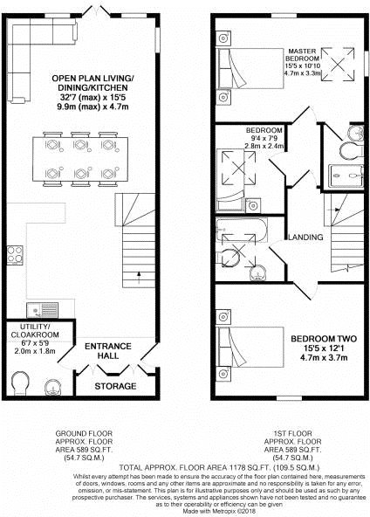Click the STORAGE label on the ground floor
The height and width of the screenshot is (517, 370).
point(115,385)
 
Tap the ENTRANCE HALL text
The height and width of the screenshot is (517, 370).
point(107,351)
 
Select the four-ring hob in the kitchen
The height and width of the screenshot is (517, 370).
point(15,255)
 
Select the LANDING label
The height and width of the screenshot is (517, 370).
point(307,238)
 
